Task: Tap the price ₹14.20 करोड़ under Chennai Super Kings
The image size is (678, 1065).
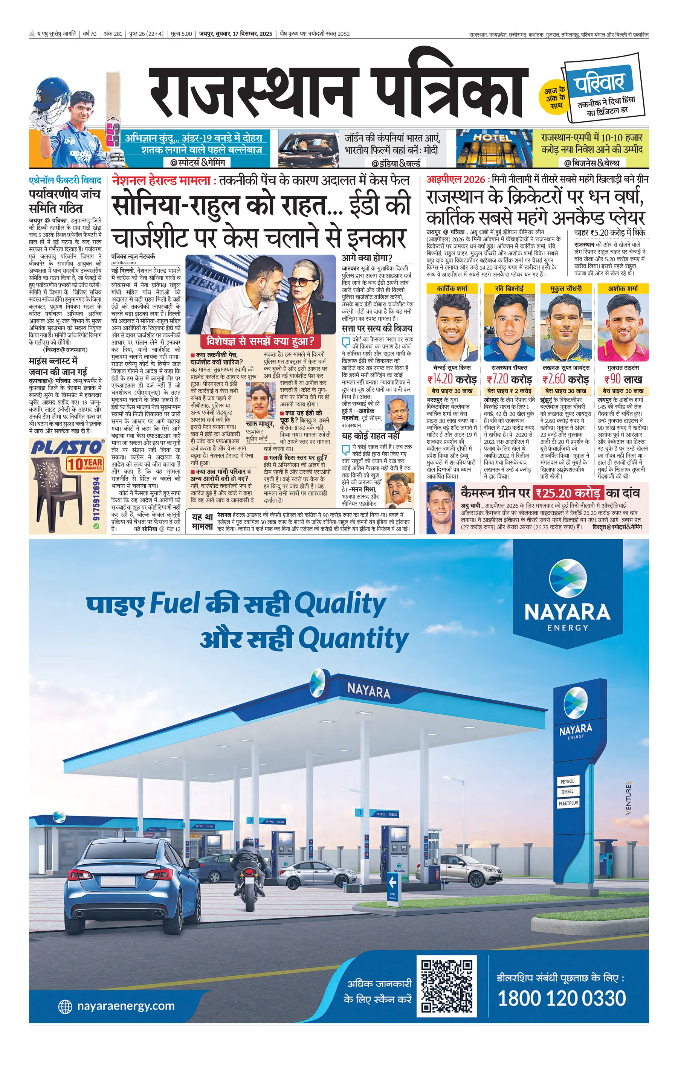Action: [452, 380]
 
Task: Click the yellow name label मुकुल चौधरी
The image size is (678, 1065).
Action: [566, 288]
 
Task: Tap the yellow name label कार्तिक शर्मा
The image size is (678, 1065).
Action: [452, 288]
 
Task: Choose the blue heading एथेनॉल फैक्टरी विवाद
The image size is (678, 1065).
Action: [65, 180]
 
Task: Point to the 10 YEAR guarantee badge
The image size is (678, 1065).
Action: [84, 464]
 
